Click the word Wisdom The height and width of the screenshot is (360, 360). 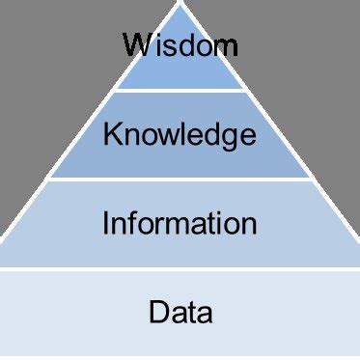coord(180,45)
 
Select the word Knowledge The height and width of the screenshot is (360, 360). coord(180,135)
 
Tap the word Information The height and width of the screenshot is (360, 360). coord(180,224)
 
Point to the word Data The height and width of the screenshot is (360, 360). coord(180,312)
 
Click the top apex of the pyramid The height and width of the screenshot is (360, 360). coord(180,4)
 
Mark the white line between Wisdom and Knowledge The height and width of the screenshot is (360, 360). coord(180,91)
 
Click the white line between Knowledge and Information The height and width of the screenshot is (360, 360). coord(180,180)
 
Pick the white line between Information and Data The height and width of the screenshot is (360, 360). coord(180,269)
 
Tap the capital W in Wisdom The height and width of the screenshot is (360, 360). coord(136,44)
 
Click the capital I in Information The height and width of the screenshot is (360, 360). coord(105,224)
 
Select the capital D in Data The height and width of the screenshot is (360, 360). coord(158,312)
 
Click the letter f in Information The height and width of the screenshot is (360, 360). coord(138,223)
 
